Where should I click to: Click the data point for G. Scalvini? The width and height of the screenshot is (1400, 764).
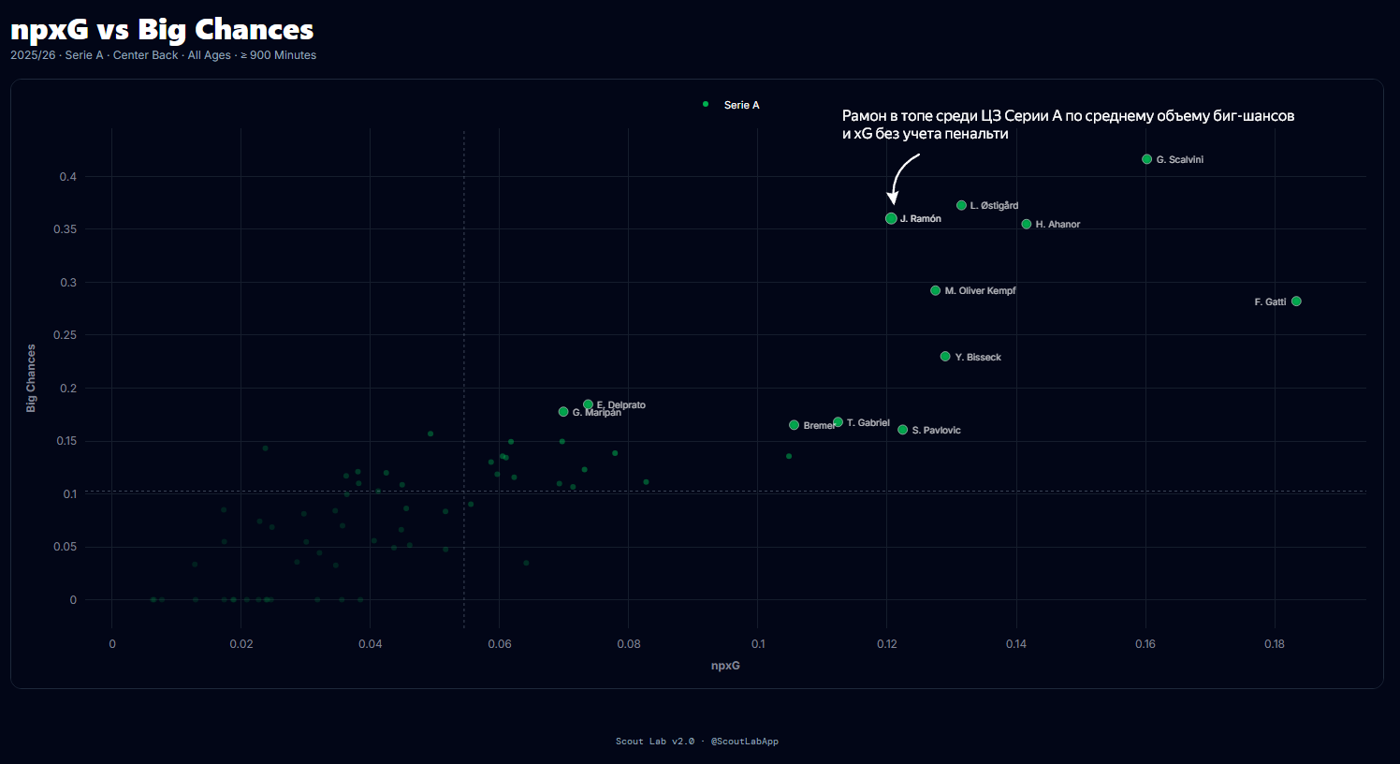1146,159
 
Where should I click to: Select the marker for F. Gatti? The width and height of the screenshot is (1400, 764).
1296,301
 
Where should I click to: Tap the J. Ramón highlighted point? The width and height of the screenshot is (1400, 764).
891,218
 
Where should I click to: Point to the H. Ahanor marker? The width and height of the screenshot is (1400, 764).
1027,225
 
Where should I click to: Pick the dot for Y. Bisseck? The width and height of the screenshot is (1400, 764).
945,357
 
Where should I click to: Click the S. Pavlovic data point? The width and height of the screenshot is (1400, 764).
903,430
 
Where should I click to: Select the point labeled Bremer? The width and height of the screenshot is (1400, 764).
795,425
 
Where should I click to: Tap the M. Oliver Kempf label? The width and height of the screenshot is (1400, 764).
980,291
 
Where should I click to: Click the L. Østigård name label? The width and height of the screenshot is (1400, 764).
994,206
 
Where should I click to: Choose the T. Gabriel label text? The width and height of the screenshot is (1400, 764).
868,423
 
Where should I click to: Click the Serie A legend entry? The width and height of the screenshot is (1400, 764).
741,105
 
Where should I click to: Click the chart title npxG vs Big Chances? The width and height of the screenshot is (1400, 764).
162,30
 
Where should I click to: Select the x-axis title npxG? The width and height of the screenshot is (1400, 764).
725,666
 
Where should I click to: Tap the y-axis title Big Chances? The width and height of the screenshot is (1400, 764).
31,378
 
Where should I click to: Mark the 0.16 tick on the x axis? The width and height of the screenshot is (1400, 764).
1145,644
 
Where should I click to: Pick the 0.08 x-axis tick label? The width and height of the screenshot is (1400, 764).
629,644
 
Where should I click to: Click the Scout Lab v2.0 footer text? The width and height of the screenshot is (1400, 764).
655,742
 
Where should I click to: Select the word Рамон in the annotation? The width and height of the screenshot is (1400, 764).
864,116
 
